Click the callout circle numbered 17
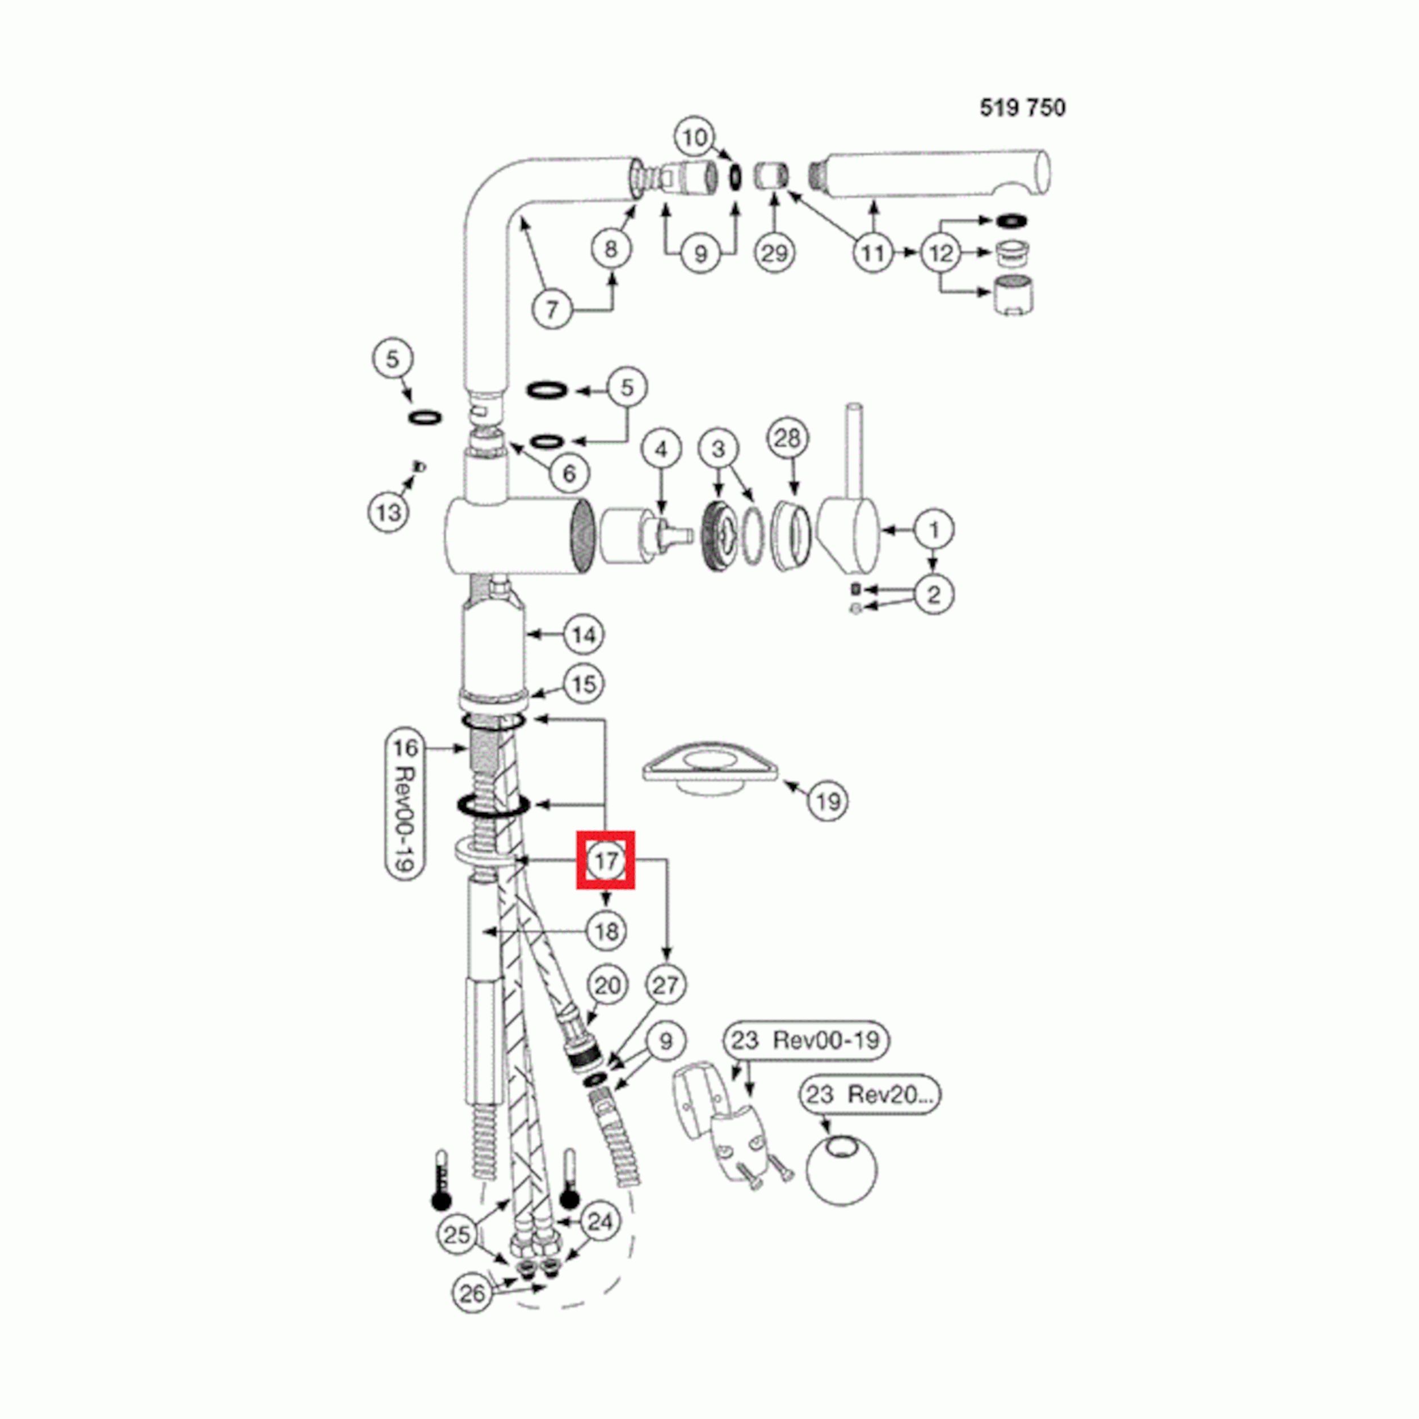[605, 860]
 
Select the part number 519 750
[1022, 108]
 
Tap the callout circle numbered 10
[694, 137]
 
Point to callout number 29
[774, 253]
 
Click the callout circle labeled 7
[552, 309]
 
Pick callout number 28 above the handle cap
[787, 439]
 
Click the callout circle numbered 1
[934, 530]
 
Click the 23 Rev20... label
[870, 1095]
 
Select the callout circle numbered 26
[472, 1294]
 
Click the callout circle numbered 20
[607, 985]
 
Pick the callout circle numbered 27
[665, 985]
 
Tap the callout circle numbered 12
[941, 253]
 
